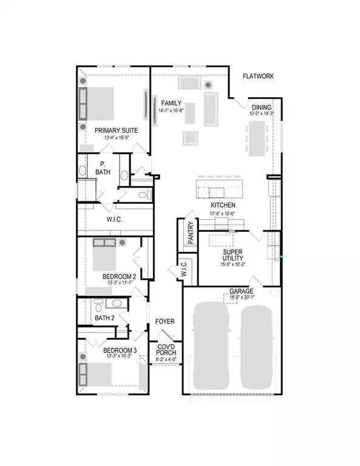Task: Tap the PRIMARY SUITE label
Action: (116, 130)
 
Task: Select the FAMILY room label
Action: (168, 104)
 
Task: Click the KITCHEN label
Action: (223, 205)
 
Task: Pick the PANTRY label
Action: (190, 233)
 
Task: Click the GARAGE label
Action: (242, 291)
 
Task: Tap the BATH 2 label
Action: (104, 317)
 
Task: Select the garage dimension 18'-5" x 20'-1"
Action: (242, 298)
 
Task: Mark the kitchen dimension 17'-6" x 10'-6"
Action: (223, 213)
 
